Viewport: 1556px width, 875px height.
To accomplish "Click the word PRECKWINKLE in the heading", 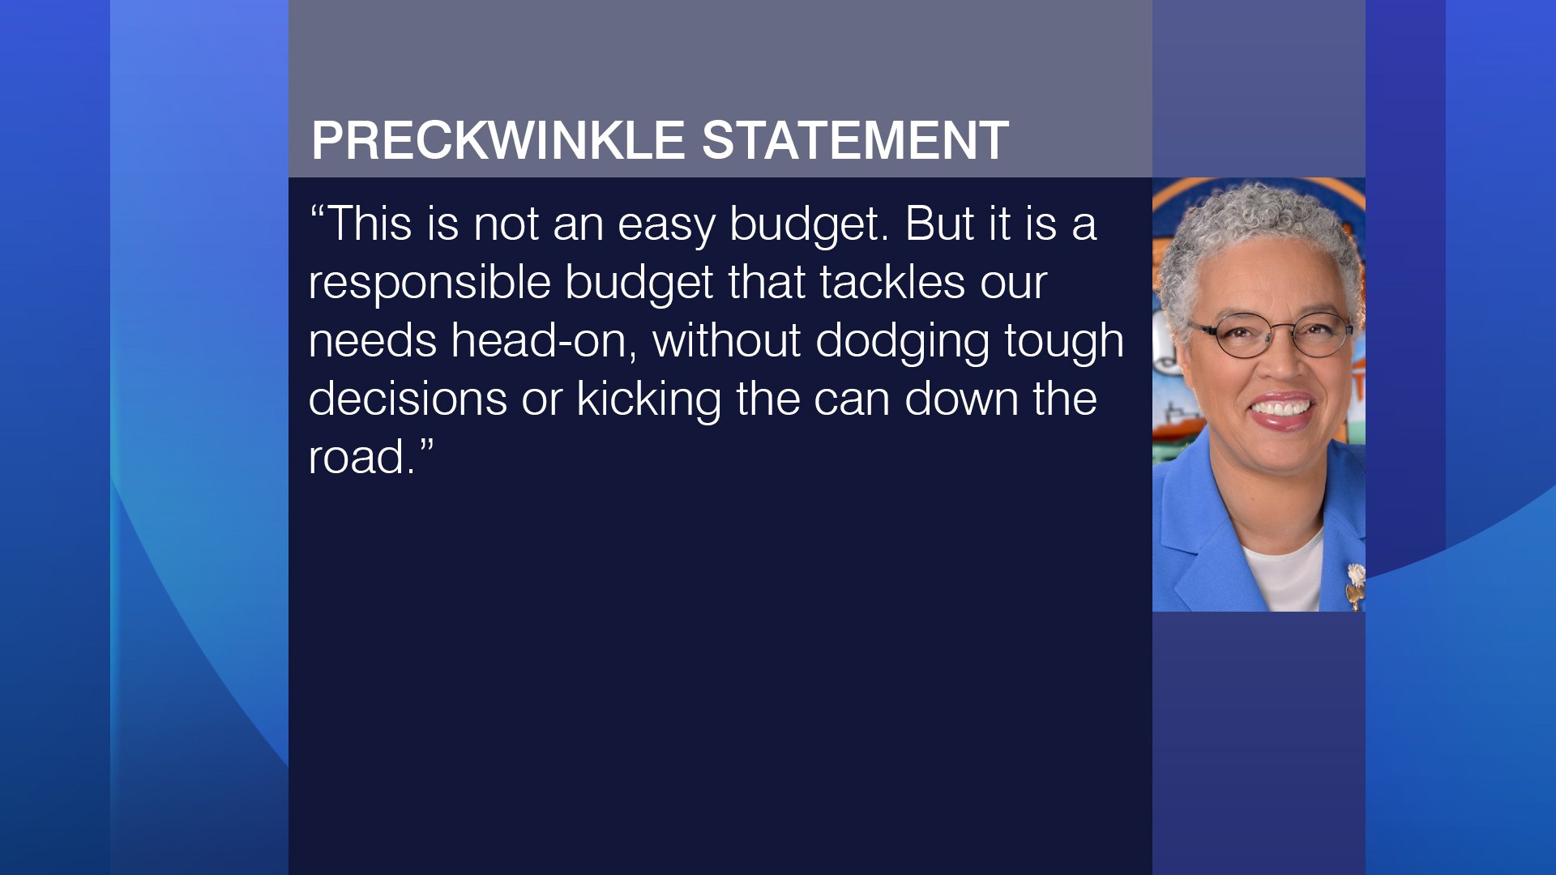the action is tap(498, 141).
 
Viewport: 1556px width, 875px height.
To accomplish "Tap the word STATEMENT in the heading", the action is tap(855, 141).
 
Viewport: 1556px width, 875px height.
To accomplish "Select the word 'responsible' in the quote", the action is tap(430, 284).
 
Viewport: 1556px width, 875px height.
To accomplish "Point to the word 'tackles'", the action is tap(892, 282).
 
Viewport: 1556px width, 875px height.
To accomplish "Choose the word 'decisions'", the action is tap(408, 399).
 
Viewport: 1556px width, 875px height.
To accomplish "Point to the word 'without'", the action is tap(727, 340).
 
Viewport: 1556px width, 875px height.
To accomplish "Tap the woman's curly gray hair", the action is tap(1256, 227).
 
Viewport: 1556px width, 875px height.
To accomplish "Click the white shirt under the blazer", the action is tap(1285, 575).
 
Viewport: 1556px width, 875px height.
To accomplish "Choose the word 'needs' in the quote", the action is tap(373, 340).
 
